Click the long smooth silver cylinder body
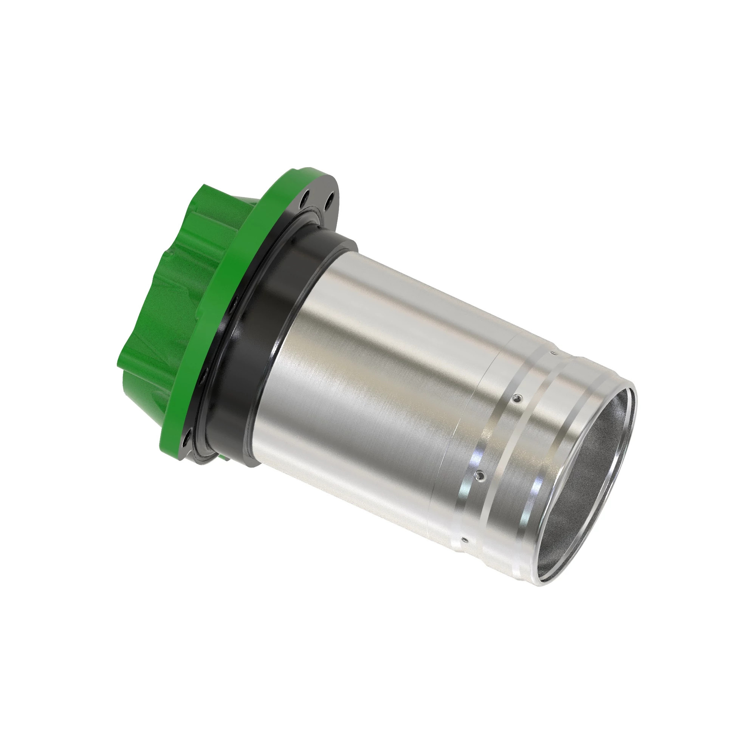pos(372,372)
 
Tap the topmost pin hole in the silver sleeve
pos(552,353)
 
